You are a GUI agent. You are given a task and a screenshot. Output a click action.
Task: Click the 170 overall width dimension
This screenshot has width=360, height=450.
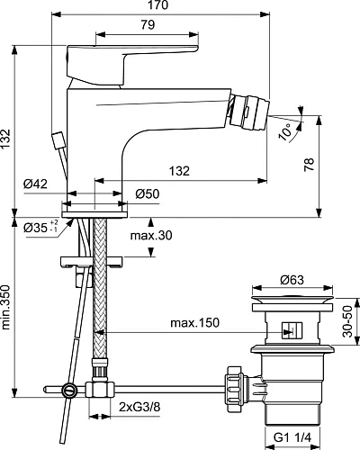164,7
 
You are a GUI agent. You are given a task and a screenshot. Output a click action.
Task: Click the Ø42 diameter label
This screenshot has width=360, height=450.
36,183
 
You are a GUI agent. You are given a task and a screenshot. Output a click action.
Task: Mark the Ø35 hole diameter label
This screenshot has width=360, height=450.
38,226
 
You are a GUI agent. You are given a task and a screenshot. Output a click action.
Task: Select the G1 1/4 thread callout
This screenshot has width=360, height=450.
292,438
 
